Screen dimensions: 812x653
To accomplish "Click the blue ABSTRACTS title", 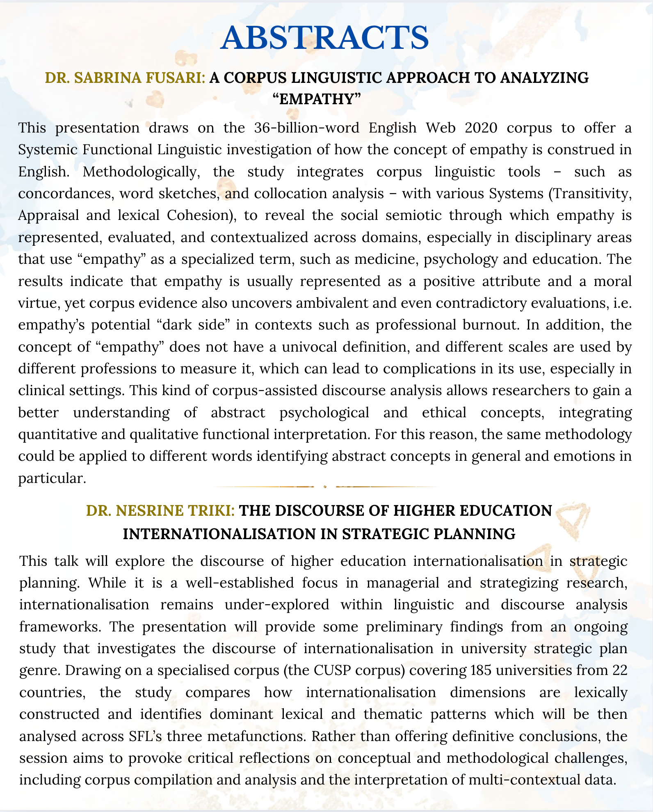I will [x=324, y=38].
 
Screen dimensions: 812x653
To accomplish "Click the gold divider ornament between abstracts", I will [x=325, y=487].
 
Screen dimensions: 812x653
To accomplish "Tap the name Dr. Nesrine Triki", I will [x=160, y=511].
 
